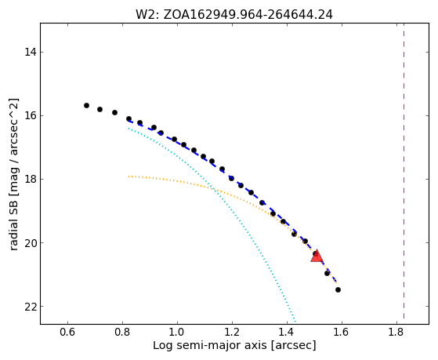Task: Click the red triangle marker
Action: pos(317,256)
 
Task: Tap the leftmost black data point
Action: pos(87,105)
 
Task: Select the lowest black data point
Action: pos(338,289)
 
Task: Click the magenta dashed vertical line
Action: pos(404,171)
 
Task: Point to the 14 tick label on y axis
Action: pos(30,52)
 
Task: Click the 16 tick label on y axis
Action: pos(30,115)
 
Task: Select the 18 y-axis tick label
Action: pos(30,179)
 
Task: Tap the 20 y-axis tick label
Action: pos(30,242)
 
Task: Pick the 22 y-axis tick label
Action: pos(30,307)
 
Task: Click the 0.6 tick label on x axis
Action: pos(67,332)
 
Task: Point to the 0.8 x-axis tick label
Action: pos(122,332)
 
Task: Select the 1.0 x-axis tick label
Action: pos(177,332)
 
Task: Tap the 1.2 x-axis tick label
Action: pos(232,332)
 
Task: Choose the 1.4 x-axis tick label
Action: pos(287,332)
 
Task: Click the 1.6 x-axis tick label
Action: pos(342,332)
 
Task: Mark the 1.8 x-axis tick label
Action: pos(396,332)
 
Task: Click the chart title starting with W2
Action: pos(234,14)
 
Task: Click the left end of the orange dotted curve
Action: pos(129,176)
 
